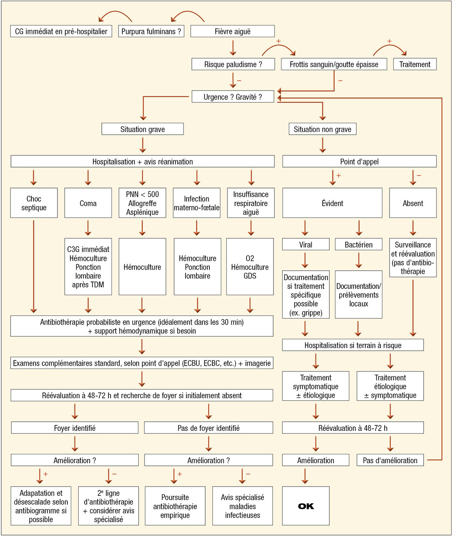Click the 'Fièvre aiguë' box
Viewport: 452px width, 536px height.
click(x=232, y=31)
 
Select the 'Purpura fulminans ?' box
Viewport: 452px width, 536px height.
click(x=151, y=31)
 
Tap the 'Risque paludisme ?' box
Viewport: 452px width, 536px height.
click(x=233, y=64)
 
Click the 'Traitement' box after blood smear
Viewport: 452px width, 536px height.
click(x=415, y=64)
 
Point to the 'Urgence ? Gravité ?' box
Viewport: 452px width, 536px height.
click(x=232, y=97)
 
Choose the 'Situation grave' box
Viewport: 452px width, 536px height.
click(x=142, y=129)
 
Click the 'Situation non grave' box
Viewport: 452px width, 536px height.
click(x=322, y=129)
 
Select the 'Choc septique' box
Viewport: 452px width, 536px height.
click(x=34, y=203)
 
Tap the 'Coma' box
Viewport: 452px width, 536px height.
click(x=88, y=203)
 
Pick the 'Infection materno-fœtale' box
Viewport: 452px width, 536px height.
click(x=196, y=203)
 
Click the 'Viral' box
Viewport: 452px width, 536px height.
click(x=305, y=245)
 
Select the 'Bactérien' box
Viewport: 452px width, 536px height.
click(x=359, y=245)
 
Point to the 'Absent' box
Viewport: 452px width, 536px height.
click(x=413, y=203)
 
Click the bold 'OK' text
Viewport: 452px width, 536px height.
click(x=306, y=506)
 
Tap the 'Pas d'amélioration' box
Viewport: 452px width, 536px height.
click(x=390, y=460)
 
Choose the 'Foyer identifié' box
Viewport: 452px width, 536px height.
click(x=75, y=428)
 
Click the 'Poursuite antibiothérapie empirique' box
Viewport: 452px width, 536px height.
click(x=175, y=506)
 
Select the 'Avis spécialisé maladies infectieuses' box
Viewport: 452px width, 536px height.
click(x=243, y=506)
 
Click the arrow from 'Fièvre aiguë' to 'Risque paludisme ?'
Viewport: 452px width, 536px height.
click(x=233, y=47)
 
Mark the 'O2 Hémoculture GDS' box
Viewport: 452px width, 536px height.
click(x=250, y=267)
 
